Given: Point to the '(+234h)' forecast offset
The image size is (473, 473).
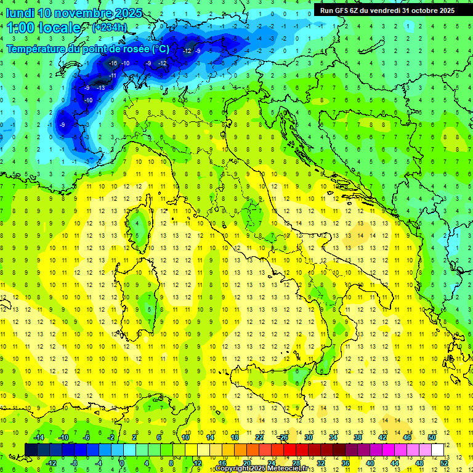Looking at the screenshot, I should [x=109, y=28].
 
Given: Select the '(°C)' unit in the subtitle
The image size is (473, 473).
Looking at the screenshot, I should [x=160, y=49].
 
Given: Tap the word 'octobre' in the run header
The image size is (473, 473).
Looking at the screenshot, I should [x=419, y=10].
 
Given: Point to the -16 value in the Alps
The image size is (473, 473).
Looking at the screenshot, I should [x=113, y=63].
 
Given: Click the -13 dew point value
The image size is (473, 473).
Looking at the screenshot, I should [x=100, y=88].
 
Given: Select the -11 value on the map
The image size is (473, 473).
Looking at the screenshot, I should [x=113, y=76].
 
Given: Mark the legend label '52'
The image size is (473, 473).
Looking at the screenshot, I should [x=444, y=463].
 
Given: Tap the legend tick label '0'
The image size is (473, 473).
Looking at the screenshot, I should [x=123, y=463].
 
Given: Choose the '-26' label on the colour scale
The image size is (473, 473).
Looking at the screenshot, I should [x=283, y=437].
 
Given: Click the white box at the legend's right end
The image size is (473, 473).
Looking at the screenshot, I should [x=438, y=450].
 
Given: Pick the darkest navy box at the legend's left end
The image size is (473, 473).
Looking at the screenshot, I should [x=31, y=450].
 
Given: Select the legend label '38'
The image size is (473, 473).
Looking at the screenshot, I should [x=357, y=437].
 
